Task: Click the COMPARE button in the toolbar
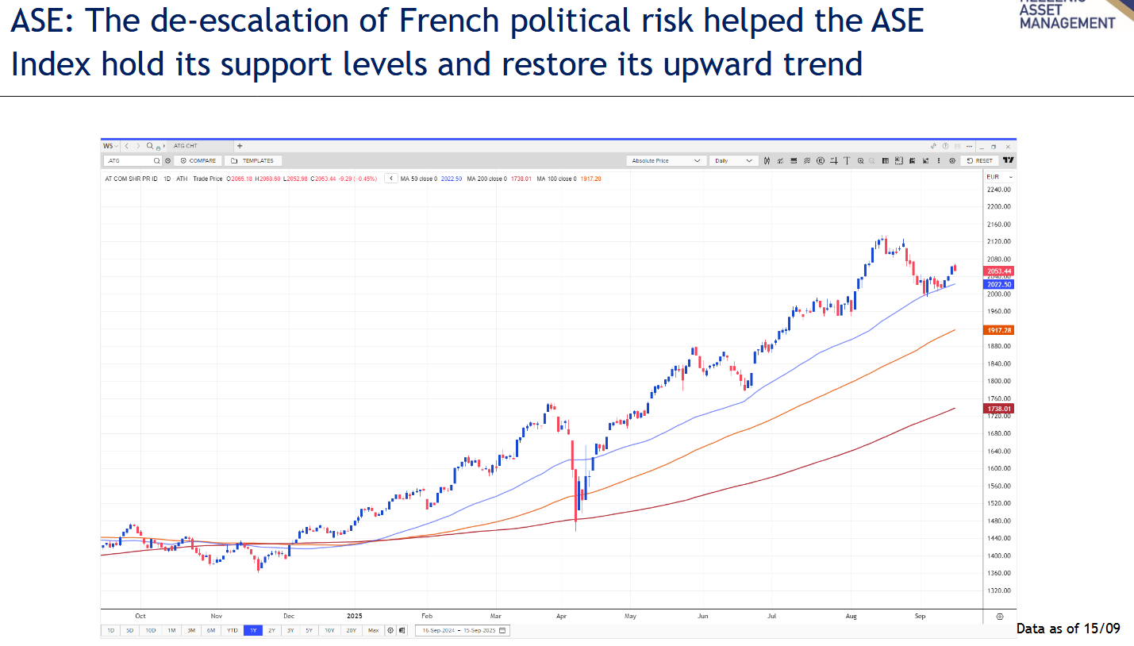click(x=197, y=160)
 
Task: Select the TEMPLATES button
click(x=252, y=160)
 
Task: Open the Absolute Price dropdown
click(x=666, y=160)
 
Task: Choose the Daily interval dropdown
click(x=733, y=160)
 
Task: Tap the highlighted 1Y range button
click(x=252, y=630)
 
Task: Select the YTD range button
click(x=232, y=630)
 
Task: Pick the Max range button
click(x=373, y=630)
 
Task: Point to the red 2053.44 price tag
click(x=998, y=271)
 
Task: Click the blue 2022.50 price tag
click(x=998, y=284)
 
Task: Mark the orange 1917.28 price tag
click(x=998, y=329)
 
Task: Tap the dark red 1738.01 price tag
click(x=998, y=409)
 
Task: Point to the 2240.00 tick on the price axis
click(x=998, y=190)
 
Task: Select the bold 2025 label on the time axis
click(x=355, y=615)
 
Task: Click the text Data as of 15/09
click(x=1068, y=629)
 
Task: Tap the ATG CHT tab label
click(x=185, y=146)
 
